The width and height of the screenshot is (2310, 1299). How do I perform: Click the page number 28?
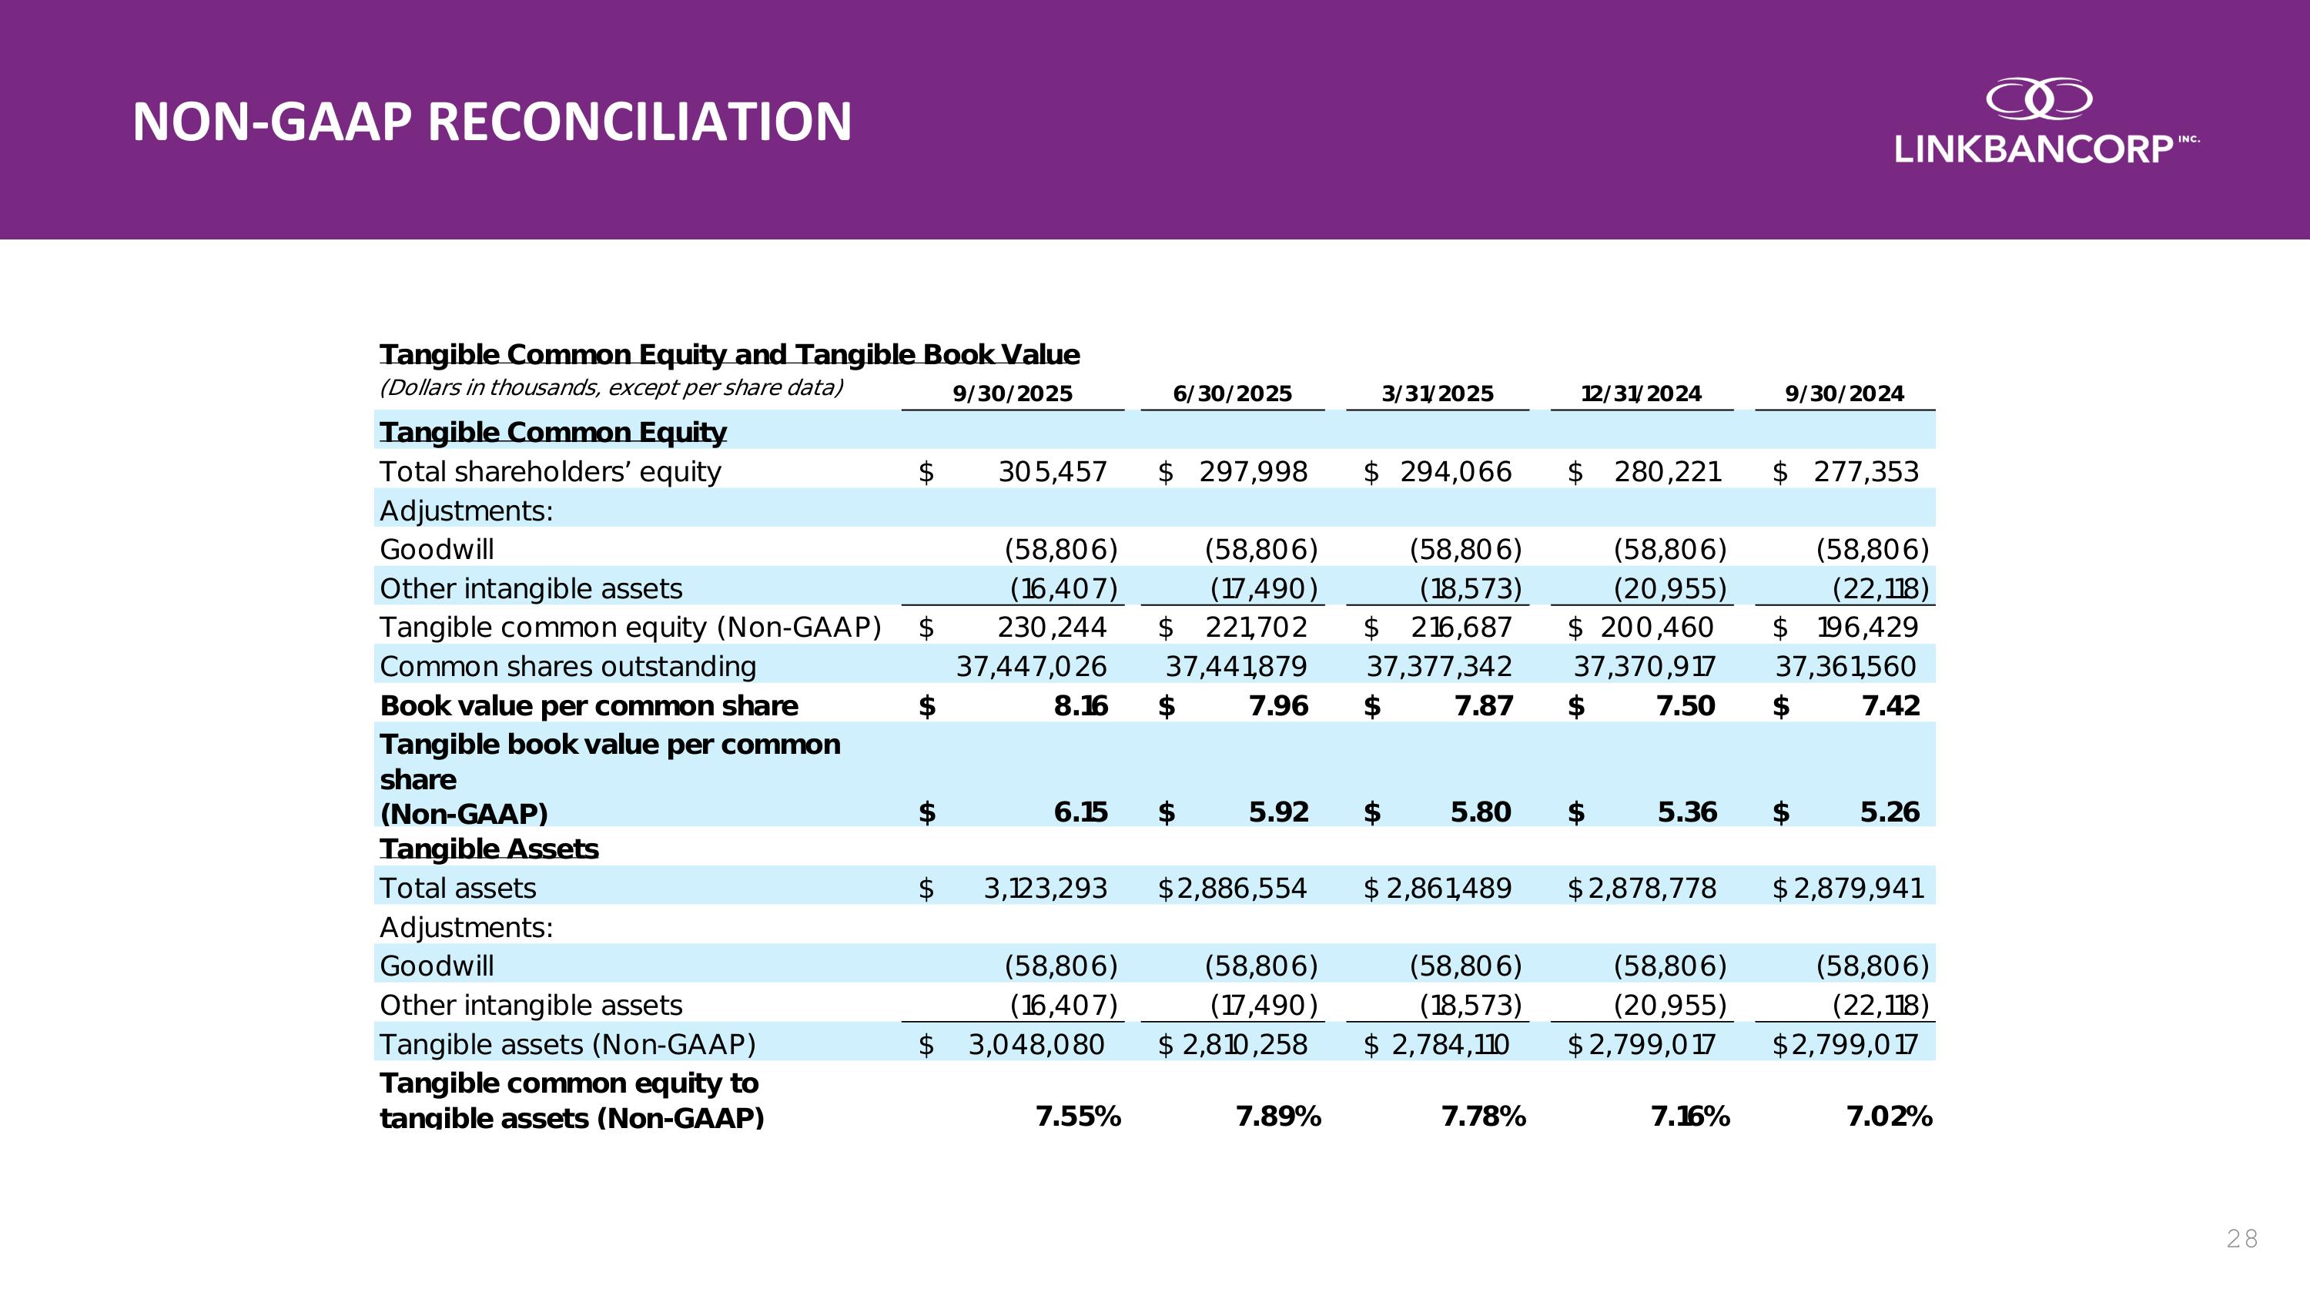pyautogui.click(x=2241, y=1239)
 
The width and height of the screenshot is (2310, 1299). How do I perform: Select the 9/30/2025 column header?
pyautogui.click(x=1013, y=394)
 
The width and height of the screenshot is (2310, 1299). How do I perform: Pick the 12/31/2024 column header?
pyautogui.click(x=1641, y=394)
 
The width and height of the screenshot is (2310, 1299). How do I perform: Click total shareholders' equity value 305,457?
pyautogui.click(x=1053, y=471)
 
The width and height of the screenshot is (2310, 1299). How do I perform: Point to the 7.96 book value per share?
pyautogui.click(x=1278, y=706)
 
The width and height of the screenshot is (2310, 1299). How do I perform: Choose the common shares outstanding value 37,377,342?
pyautogui.click(x=1438, y=667)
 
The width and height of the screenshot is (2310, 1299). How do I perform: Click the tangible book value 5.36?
pyautogui.click(x=1687, y=812)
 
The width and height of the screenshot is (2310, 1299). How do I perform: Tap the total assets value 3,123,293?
pyautogui.click(x=1045, y=889)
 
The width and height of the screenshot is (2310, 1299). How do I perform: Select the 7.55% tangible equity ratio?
pyautogui.click(x=1078, y=1117)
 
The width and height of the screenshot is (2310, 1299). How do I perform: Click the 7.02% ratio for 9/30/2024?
pyautogui.click(x=1889, y=1117)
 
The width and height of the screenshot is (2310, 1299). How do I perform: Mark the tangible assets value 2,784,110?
pyautogui.click(x=1450, y=1044)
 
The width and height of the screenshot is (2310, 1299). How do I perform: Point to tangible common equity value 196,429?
pyautogui.click(x=1867, y=628)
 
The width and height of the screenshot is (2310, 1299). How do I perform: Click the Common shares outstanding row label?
pyautogui.click(x=567, y=667)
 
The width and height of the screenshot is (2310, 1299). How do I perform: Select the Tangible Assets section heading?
pyautogui.click(x=489, y=849)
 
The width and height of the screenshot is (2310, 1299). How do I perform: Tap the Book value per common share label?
pyautogui.click(x=588, y=706)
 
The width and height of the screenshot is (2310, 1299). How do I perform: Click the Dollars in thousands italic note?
pyautogui.click(x=611, y=388)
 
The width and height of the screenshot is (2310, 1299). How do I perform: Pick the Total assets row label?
pyautogui.click(x=457, y=889)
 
